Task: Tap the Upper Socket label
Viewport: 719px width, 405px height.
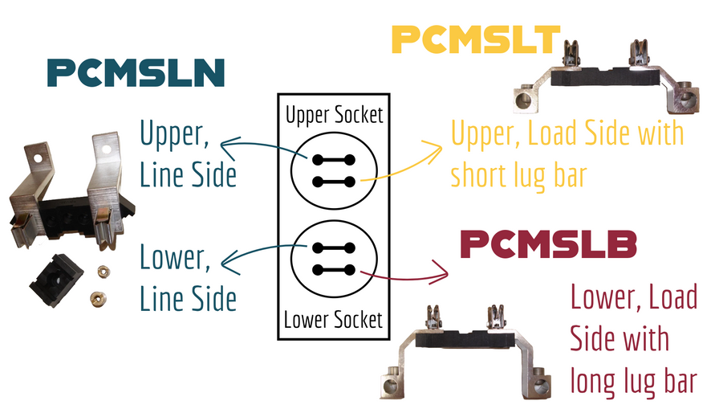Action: pyautogui.click(x=335, y=116)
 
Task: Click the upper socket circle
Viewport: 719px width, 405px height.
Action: pyautogui.click(x=335, y=170)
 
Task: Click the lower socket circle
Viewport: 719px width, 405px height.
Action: pyautogui.click(x=335, y=259)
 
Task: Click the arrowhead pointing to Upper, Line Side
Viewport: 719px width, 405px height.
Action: pyautogui.click(x=225, y=144)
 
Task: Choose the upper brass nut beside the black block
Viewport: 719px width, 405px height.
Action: pyautogui.click(x=104, y=268)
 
